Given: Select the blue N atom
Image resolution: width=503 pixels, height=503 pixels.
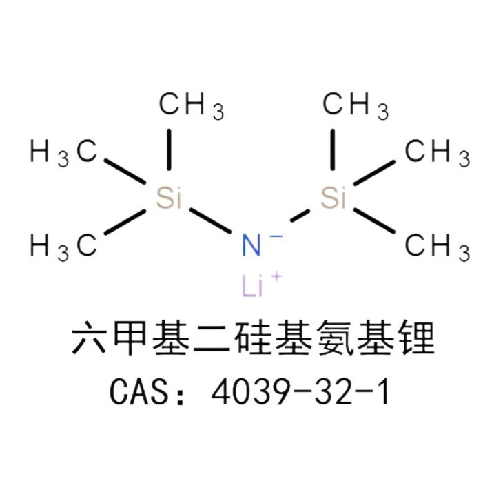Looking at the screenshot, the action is click(x=251, y=245).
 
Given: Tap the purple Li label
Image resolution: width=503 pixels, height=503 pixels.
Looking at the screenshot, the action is click(x=252, y=286).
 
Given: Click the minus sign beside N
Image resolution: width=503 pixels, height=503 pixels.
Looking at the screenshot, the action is click(x=276, y=237).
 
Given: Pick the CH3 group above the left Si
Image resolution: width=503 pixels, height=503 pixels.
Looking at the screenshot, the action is click(x=192, y=105).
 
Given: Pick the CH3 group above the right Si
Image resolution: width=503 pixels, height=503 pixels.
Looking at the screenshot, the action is click(x=356, y=105).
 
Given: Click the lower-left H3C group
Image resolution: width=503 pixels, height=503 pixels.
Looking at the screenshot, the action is click(x=63, y=247).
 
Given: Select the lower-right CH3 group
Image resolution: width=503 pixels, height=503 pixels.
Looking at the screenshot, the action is click(x=438, y=247).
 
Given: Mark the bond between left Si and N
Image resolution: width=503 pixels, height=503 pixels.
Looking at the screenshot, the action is click(x=210, y=220).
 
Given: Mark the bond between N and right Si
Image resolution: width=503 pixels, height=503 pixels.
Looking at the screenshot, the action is click(x=300, y=216).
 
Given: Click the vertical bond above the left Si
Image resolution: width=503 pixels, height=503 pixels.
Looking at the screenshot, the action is click(x=169, y=149).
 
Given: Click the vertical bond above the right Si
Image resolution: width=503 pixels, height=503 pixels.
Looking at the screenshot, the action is click(x=333, y=149).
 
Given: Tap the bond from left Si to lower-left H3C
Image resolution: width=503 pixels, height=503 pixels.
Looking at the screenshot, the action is click(x=125, y=222).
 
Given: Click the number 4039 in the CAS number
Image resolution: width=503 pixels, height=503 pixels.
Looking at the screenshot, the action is click(x=248, y=392).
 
